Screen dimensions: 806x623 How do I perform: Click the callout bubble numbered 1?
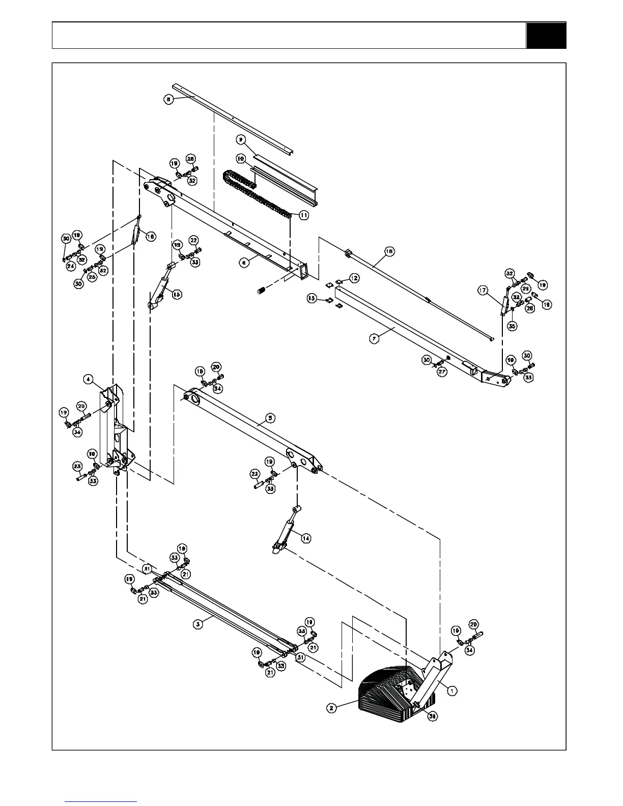point(452,690)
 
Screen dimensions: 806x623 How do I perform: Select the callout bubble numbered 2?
point(331,707)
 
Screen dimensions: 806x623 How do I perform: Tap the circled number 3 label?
point(199,622)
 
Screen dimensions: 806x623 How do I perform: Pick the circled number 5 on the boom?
point(271,418)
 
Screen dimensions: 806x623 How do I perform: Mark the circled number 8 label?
point(168,99)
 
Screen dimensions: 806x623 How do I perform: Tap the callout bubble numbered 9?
point(241,138)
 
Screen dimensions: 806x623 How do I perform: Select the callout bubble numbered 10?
point(240,159)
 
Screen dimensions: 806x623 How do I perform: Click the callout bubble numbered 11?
point(303,215)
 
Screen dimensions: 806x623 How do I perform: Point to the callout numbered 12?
point(354,278)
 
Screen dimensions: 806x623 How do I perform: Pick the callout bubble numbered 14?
point(306,538)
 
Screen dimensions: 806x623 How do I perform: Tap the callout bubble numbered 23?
point(77,466)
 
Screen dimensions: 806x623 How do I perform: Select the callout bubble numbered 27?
point(442,371)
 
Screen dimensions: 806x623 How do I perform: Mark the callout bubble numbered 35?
point(512,326)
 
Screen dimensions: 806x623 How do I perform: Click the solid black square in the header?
point(546,35)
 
